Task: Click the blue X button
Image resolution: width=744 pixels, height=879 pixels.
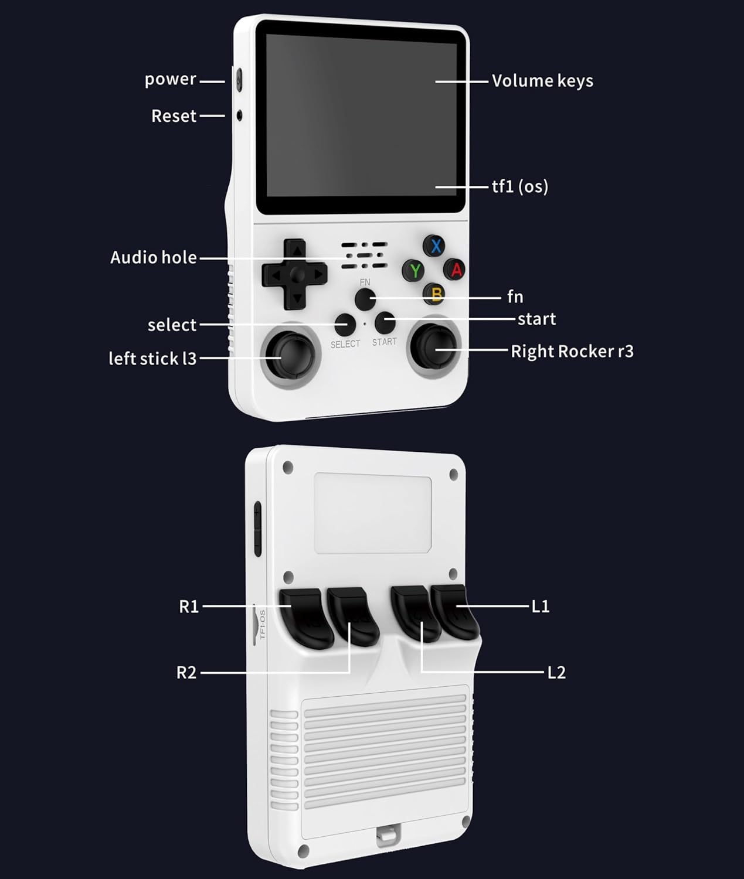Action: click(435, 246)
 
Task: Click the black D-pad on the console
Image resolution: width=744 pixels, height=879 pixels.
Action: click(295, 274)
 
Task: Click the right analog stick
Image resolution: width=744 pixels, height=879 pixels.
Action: click(434, 349)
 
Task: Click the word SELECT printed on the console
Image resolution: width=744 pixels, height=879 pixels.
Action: click(345, 344)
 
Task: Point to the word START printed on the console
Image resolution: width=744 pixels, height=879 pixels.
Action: click(385, 342)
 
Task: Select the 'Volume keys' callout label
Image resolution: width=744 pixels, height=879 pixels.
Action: click(542, 81)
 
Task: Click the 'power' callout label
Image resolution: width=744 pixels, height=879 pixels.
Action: click(171, 79)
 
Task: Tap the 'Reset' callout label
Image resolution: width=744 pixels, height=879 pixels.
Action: click(174, 116)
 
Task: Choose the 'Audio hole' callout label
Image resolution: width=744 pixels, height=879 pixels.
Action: click(154, 257)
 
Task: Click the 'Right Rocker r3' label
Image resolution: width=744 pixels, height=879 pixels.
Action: click(572, 351)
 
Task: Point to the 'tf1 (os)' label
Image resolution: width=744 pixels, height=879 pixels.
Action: click(520, 187)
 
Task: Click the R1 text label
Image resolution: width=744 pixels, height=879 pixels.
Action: click(189, 607)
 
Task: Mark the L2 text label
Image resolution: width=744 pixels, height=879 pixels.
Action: click(556, 672)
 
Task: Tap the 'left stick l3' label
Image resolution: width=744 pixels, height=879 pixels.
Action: click(152, 359)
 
